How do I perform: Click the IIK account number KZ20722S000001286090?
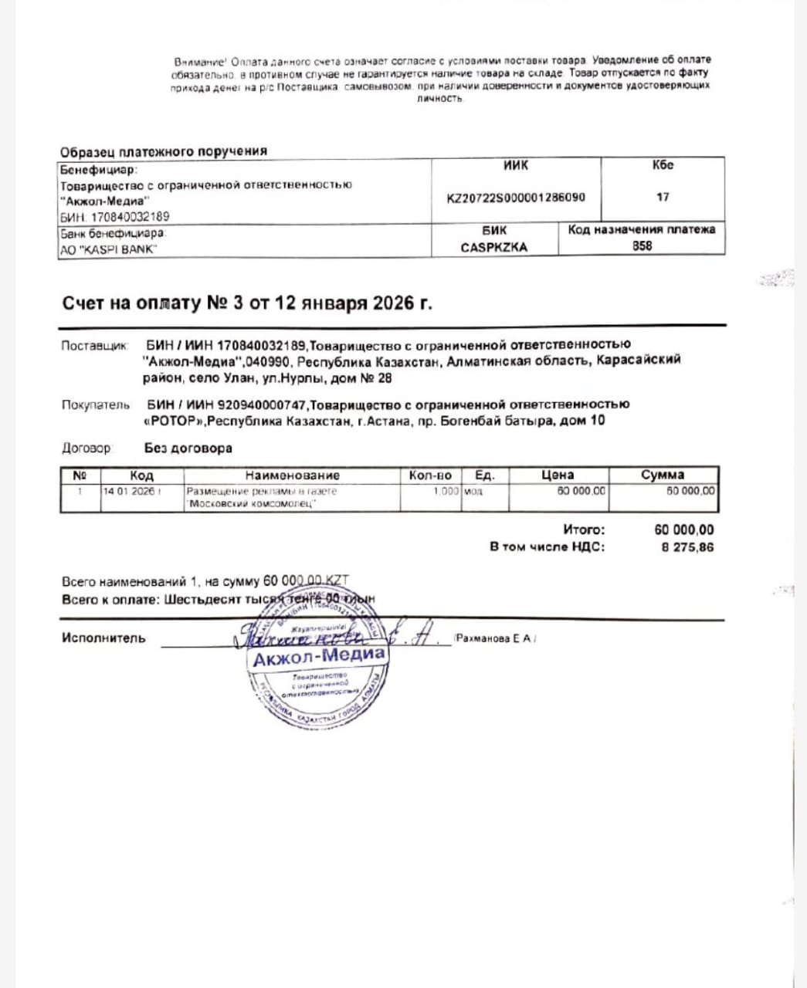click(x=516, y=197)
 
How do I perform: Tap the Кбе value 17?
click(x=663, y=197)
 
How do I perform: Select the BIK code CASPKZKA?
click(x=493, y=248)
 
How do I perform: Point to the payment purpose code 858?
click(x=642, y=246)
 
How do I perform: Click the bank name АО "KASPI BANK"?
click(x=108, y=249)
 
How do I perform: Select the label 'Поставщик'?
click(x=93, y=346)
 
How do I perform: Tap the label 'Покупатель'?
click(x=96, y=405)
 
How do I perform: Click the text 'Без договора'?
click(x=188, y=448)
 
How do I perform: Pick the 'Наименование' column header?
click(x=292, y=475)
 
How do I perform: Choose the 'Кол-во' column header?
click(x=430, y=475)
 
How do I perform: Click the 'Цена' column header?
click(x=558, y=475)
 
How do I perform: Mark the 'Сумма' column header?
click(x=663, y=475)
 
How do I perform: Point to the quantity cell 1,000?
click(x=446, y=491)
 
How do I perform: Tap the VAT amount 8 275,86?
click(x=687, y=547)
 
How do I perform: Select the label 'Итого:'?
click(x=584, y=530)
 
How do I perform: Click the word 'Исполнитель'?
click(x=103, y=638)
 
